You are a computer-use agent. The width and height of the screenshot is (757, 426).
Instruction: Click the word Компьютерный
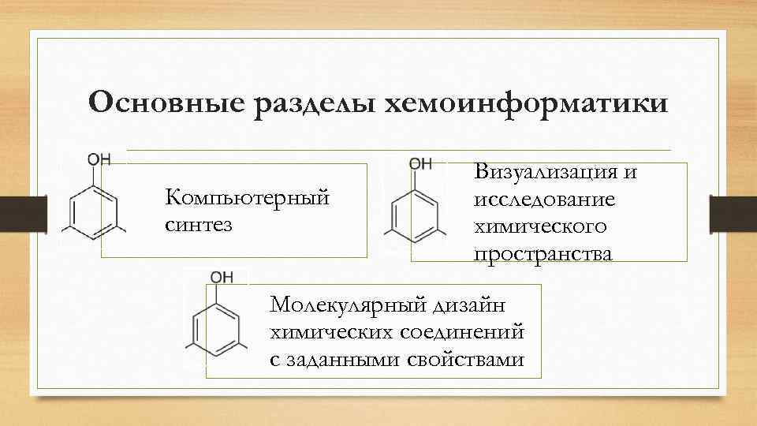coord(246,197)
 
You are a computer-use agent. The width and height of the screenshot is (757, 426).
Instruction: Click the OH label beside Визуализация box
coord(420,163)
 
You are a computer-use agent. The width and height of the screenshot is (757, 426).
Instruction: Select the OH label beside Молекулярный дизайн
coord(221,278)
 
